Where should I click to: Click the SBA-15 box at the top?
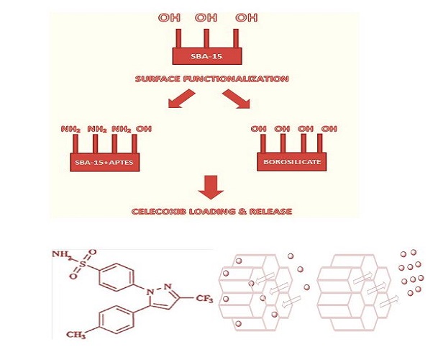pos(206,55)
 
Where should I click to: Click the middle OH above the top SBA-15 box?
pos(205,17)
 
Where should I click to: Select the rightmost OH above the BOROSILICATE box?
pos(329,129)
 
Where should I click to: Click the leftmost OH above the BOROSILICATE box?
pos(259,129)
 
